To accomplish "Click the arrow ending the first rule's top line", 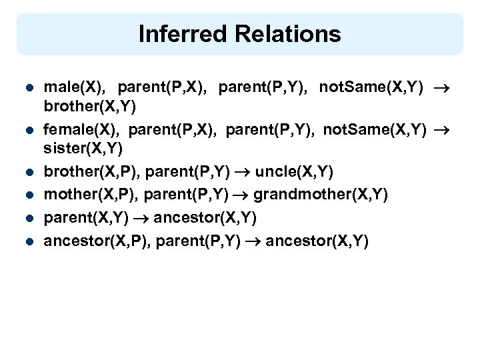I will coord(441,87).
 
